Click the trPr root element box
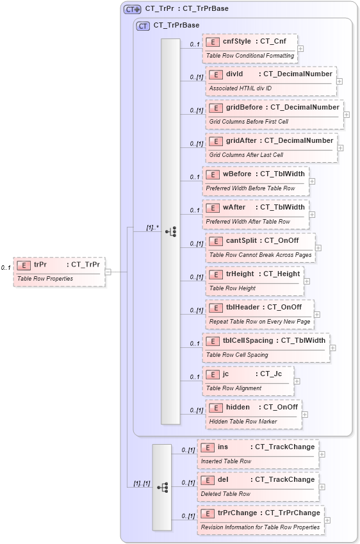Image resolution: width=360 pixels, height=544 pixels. (59, 272)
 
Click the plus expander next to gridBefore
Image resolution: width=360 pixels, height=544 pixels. (347, 115)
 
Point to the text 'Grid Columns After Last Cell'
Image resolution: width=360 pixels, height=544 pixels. (246, 154)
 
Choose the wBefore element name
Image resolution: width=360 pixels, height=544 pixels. (237, 174)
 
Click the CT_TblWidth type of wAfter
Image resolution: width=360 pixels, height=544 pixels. (281, 207)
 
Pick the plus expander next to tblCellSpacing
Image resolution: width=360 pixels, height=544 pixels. (333, 348)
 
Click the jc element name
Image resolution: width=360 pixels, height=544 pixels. (225, 374)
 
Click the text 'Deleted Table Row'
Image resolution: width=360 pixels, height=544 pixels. (225, 493)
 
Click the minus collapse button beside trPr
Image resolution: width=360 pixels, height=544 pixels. (108, 271)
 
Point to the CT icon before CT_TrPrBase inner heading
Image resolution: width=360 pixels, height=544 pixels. (143, 26)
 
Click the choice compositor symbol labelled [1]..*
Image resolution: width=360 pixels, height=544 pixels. (170, 231)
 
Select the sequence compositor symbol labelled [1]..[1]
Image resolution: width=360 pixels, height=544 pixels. (161, 487)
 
